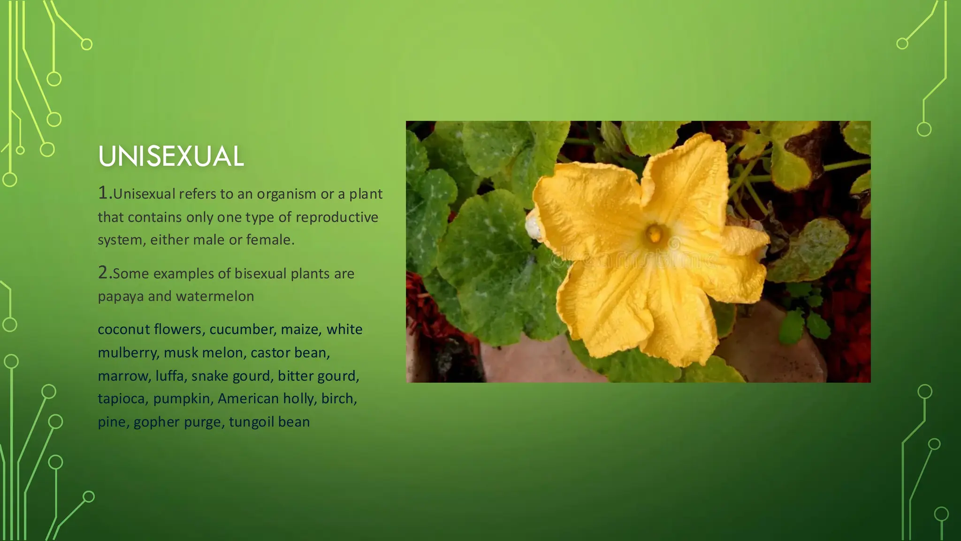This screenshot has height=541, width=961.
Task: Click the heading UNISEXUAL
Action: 171,156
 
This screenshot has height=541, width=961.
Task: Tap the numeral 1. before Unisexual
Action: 105,193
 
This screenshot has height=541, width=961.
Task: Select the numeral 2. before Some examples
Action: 105,272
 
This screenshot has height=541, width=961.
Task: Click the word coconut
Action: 123,329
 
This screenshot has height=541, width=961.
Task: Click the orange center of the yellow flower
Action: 654,233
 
